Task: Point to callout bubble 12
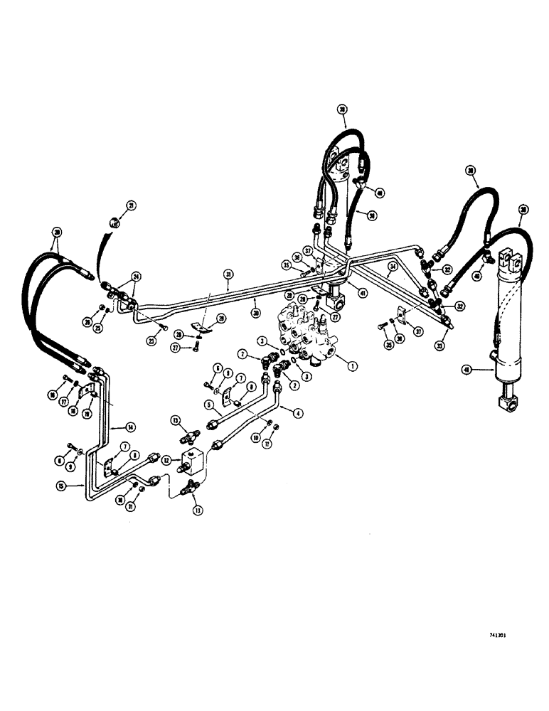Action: pyautogui.click(x=167, y=460)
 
